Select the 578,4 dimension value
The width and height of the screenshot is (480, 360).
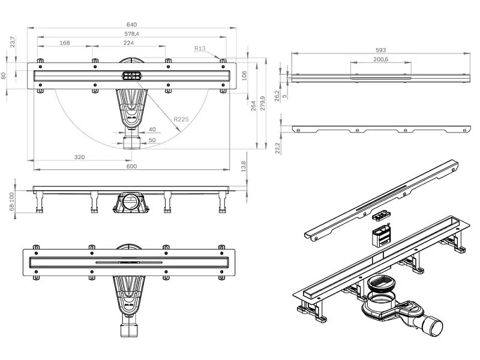click(131, 34)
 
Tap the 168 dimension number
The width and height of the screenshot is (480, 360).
click(65, 43)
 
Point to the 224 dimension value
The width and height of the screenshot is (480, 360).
click(128, 43)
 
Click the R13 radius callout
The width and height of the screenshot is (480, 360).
click(200, 49)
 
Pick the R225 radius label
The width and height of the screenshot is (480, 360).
click(181, 120)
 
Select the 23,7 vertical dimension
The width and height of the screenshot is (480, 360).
click(13, 41)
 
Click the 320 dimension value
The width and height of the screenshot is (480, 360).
click(79, 157)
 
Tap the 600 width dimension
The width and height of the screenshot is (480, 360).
click(131, 166)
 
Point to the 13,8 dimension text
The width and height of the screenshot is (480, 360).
click(243, 165)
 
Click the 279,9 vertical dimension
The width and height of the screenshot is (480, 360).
click(262, 104)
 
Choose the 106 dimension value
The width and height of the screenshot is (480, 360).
click(244, 75)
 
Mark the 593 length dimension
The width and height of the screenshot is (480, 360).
click(380, 50)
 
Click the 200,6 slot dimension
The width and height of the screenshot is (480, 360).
click(380, 59)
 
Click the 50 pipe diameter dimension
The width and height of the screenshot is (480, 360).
click(152, 140)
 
